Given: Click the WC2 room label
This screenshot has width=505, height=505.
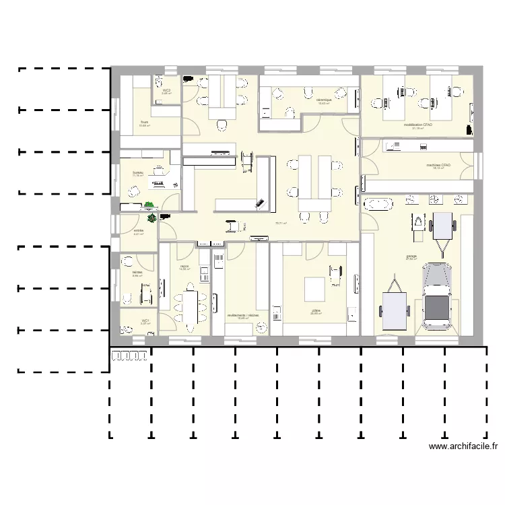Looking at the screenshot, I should coord(166,90).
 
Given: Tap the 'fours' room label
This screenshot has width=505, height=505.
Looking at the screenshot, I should coord(144,123).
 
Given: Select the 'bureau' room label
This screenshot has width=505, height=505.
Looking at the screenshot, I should coord(138,173).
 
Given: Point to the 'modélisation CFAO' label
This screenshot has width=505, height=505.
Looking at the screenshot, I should coord(417,125).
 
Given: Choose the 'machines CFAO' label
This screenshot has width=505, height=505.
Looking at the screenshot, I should coord(438,165).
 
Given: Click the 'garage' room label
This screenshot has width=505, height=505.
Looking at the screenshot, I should coord(411,257).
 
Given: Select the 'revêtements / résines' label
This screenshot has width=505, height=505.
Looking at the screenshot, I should coord(243,315).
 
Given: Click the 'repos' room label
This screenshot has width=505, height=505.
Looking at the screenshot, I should coord(184,267).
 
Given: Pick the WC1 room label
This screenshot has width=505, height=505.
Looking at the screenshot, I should coord(145,321).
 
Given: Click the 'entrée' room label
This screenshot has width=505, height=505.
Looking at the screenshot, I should coord(138,231).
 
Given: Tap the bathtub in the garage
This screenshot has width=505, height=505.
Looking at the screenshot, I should coord(378,203).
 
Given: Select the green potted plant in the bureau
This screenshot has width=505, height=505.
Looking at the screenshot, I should coord(149,205).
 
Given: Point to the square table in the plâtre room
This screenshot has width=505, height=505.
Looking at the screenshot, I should coord(315,290).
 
